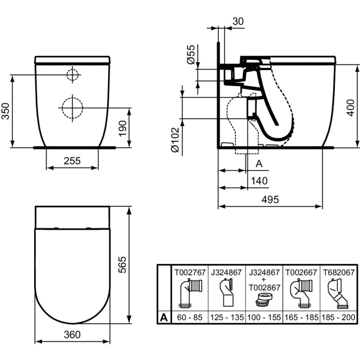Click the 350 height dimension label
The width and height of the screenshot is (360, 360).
5,111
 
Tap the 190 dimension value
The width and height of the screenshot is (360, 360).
123,129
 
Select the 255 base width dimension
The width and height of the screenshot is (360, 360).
72,161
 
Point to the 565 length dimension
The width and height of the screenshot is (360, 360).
122,265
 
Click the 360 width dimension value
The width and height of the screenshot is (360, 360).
72,335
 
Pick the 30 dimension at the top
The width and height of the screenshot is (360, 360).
238,21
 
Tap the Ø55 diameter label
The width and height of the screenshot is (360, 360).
191,54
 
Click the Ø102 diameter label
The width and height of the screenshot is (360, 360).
175,139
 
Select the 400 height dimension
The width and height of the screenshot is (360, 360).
351,108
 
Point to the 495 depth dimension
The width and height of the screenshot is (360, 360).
270,199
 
